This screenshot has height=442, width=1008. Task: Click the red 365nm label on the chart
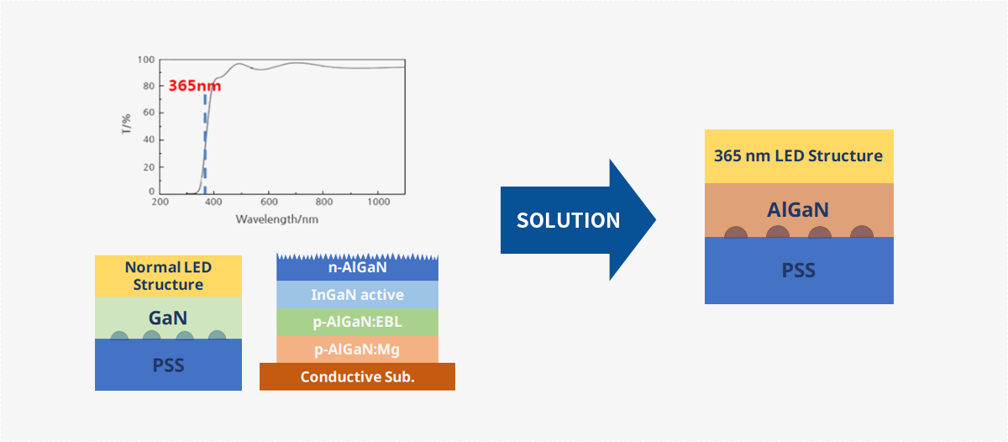click(x=194, y=86)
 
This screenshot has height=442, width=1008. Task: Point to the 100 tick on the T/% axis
click(x=146, y=60)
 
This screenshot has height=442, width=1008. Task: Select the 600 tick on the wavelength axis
click(x=269, y=202)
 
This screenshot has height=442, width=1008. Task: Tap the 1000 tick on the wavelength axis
click(x=379, y=202)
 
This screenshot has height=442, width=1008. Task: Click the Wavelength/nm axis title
click(x=276, y=219)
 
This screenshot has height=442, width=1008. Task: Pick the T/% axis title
click(x=127, y=124)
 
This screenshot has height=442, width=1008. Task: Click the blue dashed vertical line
click(x=205, y=144)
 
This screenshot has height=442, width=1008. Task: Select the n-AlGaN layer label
click(x=357, y=267)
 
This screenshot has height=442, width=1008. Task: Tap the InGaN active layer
click(x=357, y=295)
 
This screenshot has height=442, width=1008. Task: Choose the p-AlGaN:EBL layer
click(x=357, y=323)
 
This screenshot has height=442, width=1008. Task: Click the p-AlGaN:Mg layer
click(x=357, y=350)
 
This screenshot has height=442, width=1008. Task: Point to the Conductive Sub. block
click(x=357, y=376)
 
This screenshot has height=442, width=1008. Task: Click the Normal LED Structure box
click(x=168, y=276)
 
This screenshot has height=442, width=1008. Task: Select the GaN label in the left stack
click(x=168, y=318)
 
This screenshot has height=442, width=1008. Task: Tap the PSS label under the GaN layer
click(x=168, y=365)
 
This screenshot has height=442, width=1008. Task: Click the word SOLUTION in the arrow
click(x=568, y=220)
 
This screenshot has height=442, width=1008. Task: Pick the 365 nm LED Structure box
click(x=799, y=156)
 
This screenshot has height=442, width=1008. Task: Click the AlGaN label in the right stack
click(x=798, y=210)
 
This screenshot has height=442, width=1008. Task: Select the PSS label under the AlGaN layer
click(x=798, y=271)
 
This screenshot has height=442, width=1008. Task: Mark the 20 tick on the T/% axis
click(x=149, y=167)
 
